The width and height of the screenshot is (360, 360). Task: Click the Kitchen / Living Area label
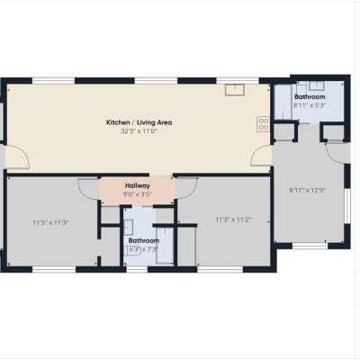pyautogui.click(x=139, y=122)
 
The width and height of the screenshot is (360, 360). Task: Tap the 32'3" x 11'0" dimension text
pyautogui.click(x=139, y=131)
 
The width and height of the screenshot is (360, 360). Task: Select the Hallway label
pyautogui.click(x=138, y=185)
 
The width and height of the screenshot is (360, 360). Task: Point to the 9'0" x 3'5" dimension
pyautogui.click(x=138, y=194)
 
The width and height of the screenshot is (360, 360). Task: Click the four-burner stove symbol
pyautogui.click(x=263, y=124)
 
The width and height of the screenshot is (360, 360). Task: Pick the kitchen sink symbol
pyautogui.click(x=235, y=90)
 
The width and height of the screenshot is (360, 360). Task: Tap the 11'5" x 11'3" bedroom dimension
pyautogui.click(x=51, y=222)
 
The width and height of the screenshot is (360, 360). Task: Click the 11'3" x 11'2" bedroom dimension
pyautogui.click(x=233, y=220)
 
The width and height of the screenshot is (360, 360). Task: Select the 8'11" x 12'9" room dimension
pyautogui.click(x=308, y=190)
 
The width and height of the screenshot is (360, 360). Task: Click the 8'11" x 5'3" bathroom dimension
pyautogui.click(x=310, y=105)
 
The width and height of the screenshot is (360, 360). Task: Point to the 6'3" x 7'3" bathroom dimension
pyautogui.click(x=143, y=249)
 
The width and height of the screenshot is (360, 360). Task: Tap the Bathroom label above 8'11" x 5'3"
pyautogui.click(x=310, y=97)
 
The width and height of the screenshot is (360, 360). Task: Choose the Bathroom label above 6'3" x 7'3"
pyautogui.click(x=144, y=240)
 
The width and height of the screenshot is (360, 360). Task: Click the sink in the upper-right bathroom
pyautogui.click(x=317, y=85)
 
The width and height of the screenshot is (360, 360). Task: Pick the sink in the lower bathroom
pyautogui.click(x=129, y=227)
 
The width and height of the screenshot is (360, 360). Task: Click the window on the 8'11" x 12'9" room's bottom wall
pyautogui.click(x=310, y=246)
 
